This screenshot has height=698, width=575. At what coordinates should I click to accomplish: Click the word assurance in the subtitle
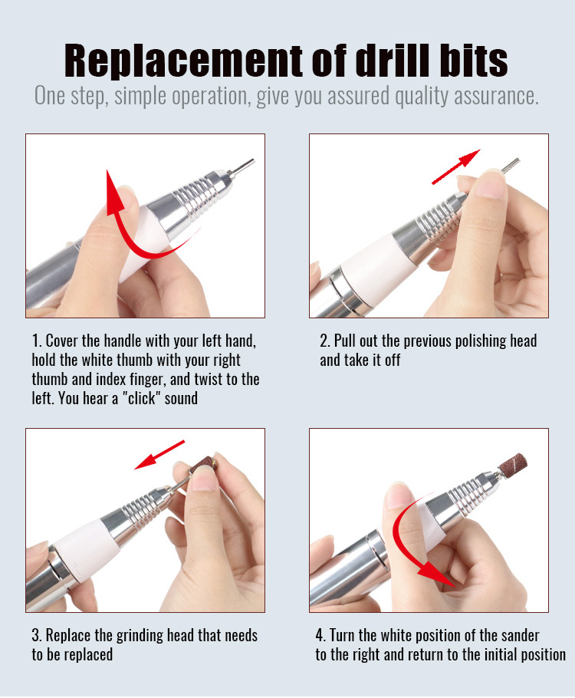click(x=496, y=96)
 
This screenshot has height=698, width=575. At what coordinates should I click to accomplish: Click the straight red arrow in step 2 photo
click(x=455, y=166)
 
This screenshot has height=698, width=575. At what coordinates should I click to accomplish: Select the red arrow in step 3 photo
click(x=159, y=455)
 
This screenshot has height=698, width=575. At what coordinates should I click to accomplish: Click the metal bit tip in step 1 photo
click(x=242, y=166)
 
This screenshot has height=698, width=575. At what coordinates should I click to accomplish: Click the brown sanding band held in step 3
click(x=204, y=464)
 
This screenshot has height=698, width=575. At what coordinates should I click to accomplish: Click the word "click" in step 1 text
click(x=141, y=398)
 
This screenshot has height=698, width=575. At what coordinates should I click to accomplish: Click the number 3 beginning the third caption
click(x=35, y=636)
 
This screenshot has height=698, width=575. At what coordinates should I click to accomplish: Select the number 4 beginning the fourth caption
click(x=320, y=635)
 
